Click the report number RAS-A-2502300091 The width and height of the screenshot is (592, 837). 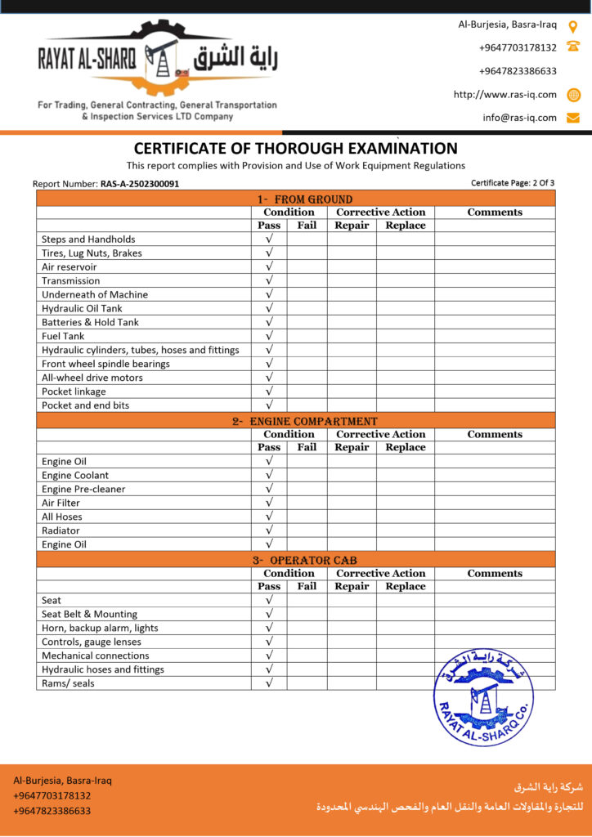[x=139, y=184]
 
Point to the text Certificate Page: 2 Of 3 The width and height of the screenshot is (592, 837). [x=513, y=182]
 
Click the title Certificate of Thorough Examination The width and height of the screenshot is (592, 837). [x=295, y=149]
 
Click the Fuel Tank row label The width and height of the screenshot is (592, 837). [x=63, y=336]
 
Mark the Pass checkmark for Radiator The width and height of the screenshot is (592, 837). [x=269, y=530]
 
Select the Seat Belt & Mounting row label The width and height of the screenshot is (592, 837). [x=89, y=614]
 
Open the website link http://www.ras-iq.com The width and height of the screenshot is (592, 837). [x=505, y=95]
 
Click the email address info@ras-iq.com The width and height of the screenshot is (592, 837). [x=519, y=118]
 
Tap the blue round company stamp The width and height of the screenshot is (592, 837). [x=483, y=696]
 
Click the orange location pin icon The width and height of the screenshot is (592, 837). [x=573, y=25]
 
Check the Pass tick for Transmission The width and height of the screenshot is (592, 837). [x=269, y=280]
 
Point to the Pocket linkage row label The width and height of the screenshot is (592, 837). [x=74, y=392]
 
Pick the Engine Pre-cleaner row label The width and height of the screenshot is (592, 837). [x=83, y=489]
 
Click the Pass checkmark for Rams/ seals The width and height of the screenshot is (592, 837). [x=269, y=683]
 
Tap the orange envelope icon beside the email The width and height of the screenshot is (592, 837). [x=573, y=118]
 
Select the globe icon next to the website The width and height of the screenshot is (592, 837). [x=573, y=95]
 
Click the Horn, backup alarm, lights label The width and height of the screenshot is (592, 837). [x=100, y=628]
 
